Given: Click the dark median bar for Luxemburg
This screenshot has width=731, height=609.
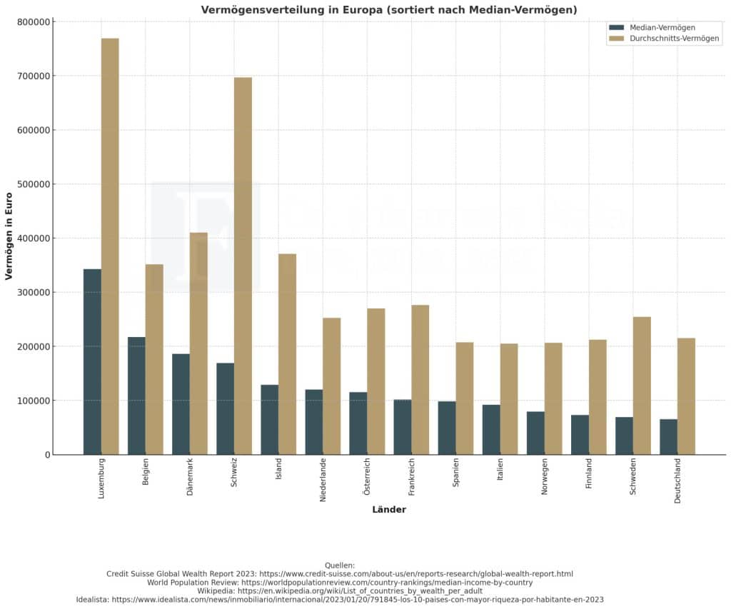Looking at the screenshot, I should [92, 361].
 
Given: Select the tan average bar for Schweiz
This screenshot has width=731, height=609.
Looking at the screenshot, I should [243, 266].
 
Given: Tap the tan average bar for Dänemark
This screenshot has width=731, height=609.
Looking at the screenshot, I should [198, 343].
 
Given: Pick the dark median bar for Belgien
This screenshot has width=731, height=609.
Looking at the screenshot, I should [136, 396].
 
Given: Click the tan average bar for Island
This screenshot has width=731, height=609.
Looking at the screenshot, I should [287, 354].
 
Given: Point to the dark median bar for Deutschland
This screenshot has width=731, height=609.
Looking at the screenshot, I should [668, 436].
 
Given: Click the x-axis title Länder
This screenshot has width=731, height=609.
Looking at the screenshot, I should [389, 510].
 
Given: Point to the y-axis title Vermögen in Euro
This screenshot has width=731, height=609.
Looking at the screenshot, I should [9, 236].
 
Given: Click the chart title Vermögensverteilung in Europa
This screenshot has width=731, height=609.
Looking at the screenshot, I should [389, 9].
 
